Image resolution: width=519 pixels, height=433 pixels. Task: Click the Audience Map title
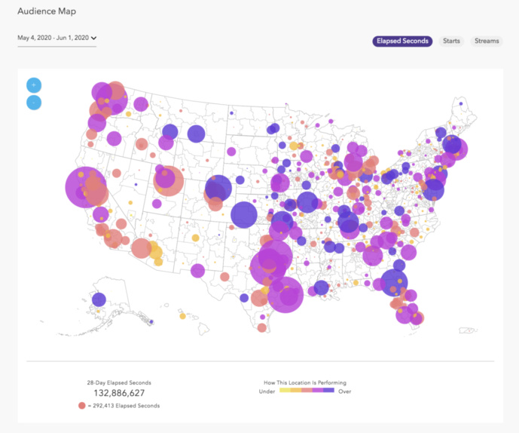pyautogui.click(x=46, y=12)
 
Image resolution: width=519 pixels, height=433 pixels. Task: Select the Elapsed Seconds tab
pyautogui.click(x=402, y=41)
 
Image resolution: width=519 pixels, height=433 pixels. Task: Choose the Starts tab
pyautogui.click(x=451, y=41)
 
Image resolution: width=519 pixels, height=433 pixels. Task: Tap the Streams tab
pyautogui.click(x=486, y=41)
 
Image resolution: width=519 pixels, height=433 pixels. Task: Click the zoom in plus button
pyautogui.click(x=34, y=84)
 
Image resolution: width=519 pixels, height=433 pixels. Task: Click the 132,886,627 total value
pyautogui.click(x=119, y=393)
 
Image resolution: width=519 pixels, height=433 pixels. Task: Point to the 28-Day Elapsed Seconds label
pyautogui.click(x=119, y=382)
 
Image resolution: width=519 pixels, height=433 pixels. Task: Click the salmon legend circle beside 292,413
pyautogui.click(x=82, y=406)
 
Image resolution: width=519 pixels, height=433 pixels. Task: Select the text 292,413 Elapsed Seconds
pyautogui.click(x=127, y=406)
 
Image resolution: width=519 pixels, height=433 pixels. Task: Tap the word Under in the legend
pyautogui.click(x=267, y=392)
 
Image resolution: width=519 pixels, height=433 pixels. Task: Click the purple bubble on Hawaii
pyautogui.click(x=99, y=299)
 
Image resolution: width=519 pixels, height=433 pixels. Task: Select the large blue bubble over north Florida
pyautogui.click(x=393, y=283)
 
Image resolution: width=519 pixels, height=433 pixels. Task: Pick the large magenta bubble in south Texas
pyautogui.click(x=285, y=294)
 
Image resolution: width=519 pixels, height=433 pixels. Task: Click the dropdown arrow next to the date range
pyautogui.click(x=94, y=38)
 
